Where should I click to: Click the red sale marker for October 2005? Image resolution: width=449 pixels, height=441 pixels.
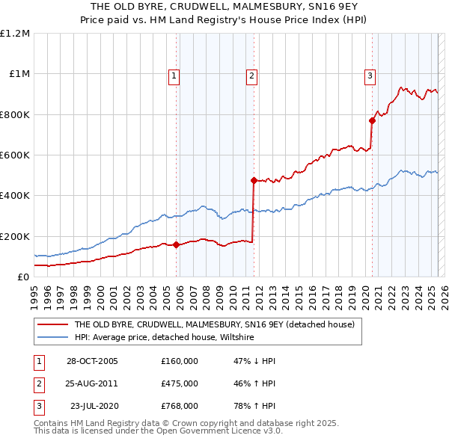tap(177, 244)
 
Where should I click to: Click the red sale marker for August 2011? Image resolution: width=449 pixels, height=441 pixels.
tap(254, 180)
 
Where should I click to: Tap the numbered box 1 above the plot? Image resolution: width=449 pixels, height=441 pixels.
tap(174, 75)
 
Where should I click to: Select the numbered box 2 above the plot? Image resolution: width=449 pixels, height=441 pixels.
tap(251, 75)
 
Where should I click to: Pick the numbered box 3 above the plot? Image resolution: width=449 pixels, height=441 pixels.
tap(370, 75)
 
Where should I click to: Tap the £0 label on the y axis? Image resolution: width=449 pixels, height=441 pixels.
tap(23, 277)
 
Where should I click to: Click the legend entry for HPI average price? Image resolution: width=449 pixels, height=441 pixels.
tap(164, 338)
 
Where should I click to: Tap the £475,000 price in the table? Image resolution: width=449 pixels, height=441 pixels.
tap(180, 383)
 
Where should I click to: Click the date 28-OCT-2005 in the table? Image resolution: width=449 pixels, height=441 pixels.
tap(92, 361)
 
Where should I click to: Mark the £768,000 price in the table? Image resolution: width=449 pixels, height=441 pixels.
tap(180, 406)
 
